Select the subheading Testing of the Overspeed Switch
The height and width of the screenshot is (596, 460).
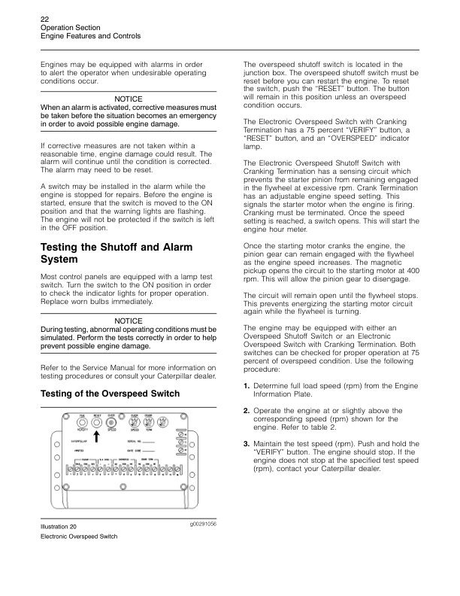click(110, 394)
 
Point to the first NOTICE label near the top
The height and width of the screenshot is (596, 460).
click(129, 99)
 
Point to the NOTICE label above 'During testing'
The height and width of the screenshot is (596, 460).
click(129, 321)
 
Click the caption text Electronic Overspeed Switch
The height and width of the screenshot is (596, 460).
click(78, 537)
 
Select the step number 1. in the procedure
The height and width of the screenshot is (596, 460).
click(247, 385)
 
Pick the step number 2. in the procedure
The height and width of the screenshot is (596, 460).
click(247, 410)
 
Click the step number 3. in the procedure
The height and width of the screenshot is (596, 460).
click(247, 443)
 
